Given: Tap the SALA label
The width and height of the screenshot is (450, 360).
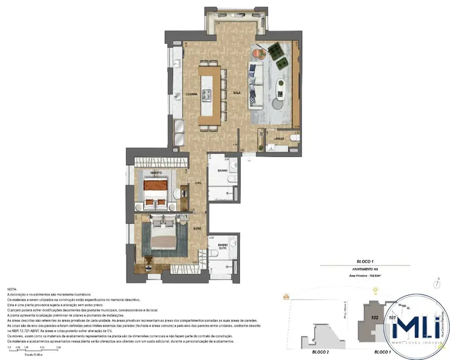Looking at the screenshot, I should tap(236, 93).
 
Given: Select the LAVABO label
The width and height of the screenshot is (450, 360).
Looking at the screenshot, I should tap(278, 138).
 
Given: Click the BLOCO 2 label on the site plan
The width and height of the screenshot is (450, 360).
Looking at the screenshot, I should tap(305, 352).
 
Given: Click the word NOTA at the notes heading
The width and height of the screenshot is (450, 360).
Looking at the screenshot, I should tap(12, 290).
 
